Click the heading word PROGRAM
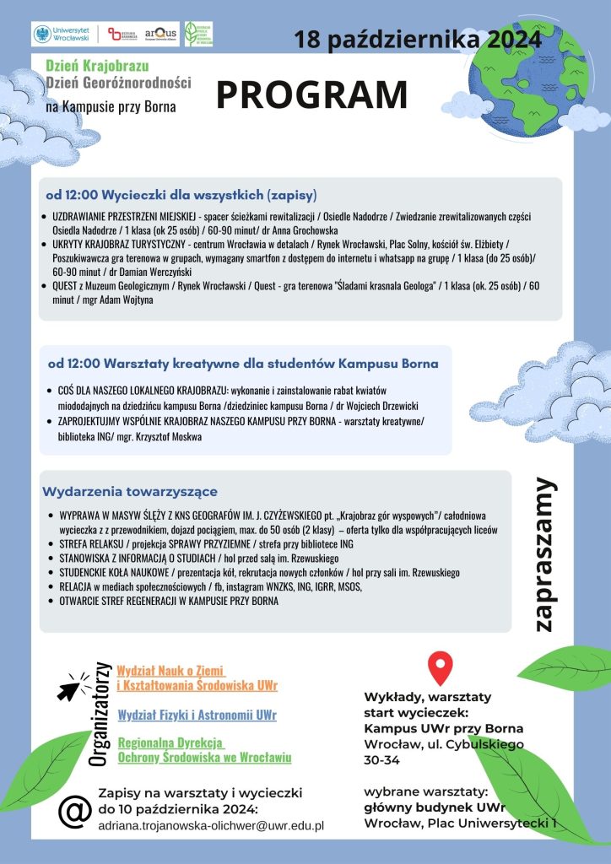311,94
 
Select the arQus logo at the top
160,34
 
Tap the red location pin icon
440,667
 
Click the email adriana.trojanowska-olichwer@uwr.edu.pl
211,825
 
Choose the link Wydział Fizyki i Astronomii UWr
197,715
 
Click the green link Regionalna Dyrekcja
171,742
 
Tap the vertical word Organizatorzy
100,713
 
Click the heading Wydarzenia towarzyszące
130,491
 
